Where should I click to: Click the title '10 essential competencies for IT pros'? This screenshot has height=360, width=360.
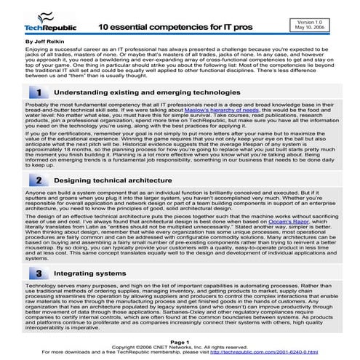tap(171, 25)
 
